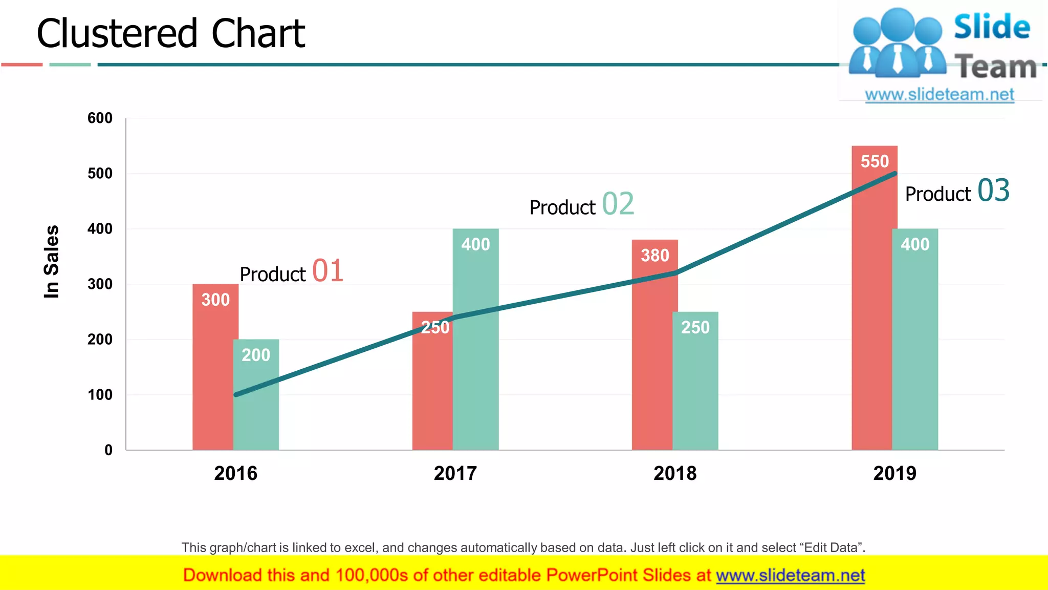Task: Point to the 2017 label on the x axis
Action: point(455,473)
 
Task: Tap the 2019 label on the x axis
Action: point(894,473)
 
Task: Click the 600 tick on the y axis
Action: point(100,118)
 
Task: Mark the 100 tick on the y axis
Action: point(100,395)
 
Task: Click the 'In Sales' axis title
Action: point(51,262)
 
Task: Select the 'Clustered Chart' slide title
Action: point(171,34)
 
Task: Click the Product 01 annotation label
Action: point(291,271)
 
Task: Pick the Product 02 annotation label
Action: point(581,205)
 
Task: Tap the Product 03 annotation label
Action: point(957,192)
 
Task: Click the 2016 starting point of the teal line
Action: point(236,394)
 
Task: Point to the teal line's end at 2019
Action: point(895,174)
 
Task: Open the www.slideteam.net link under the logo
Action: point(940,95)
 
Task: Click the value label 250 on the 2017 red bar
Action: point(435,327)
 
